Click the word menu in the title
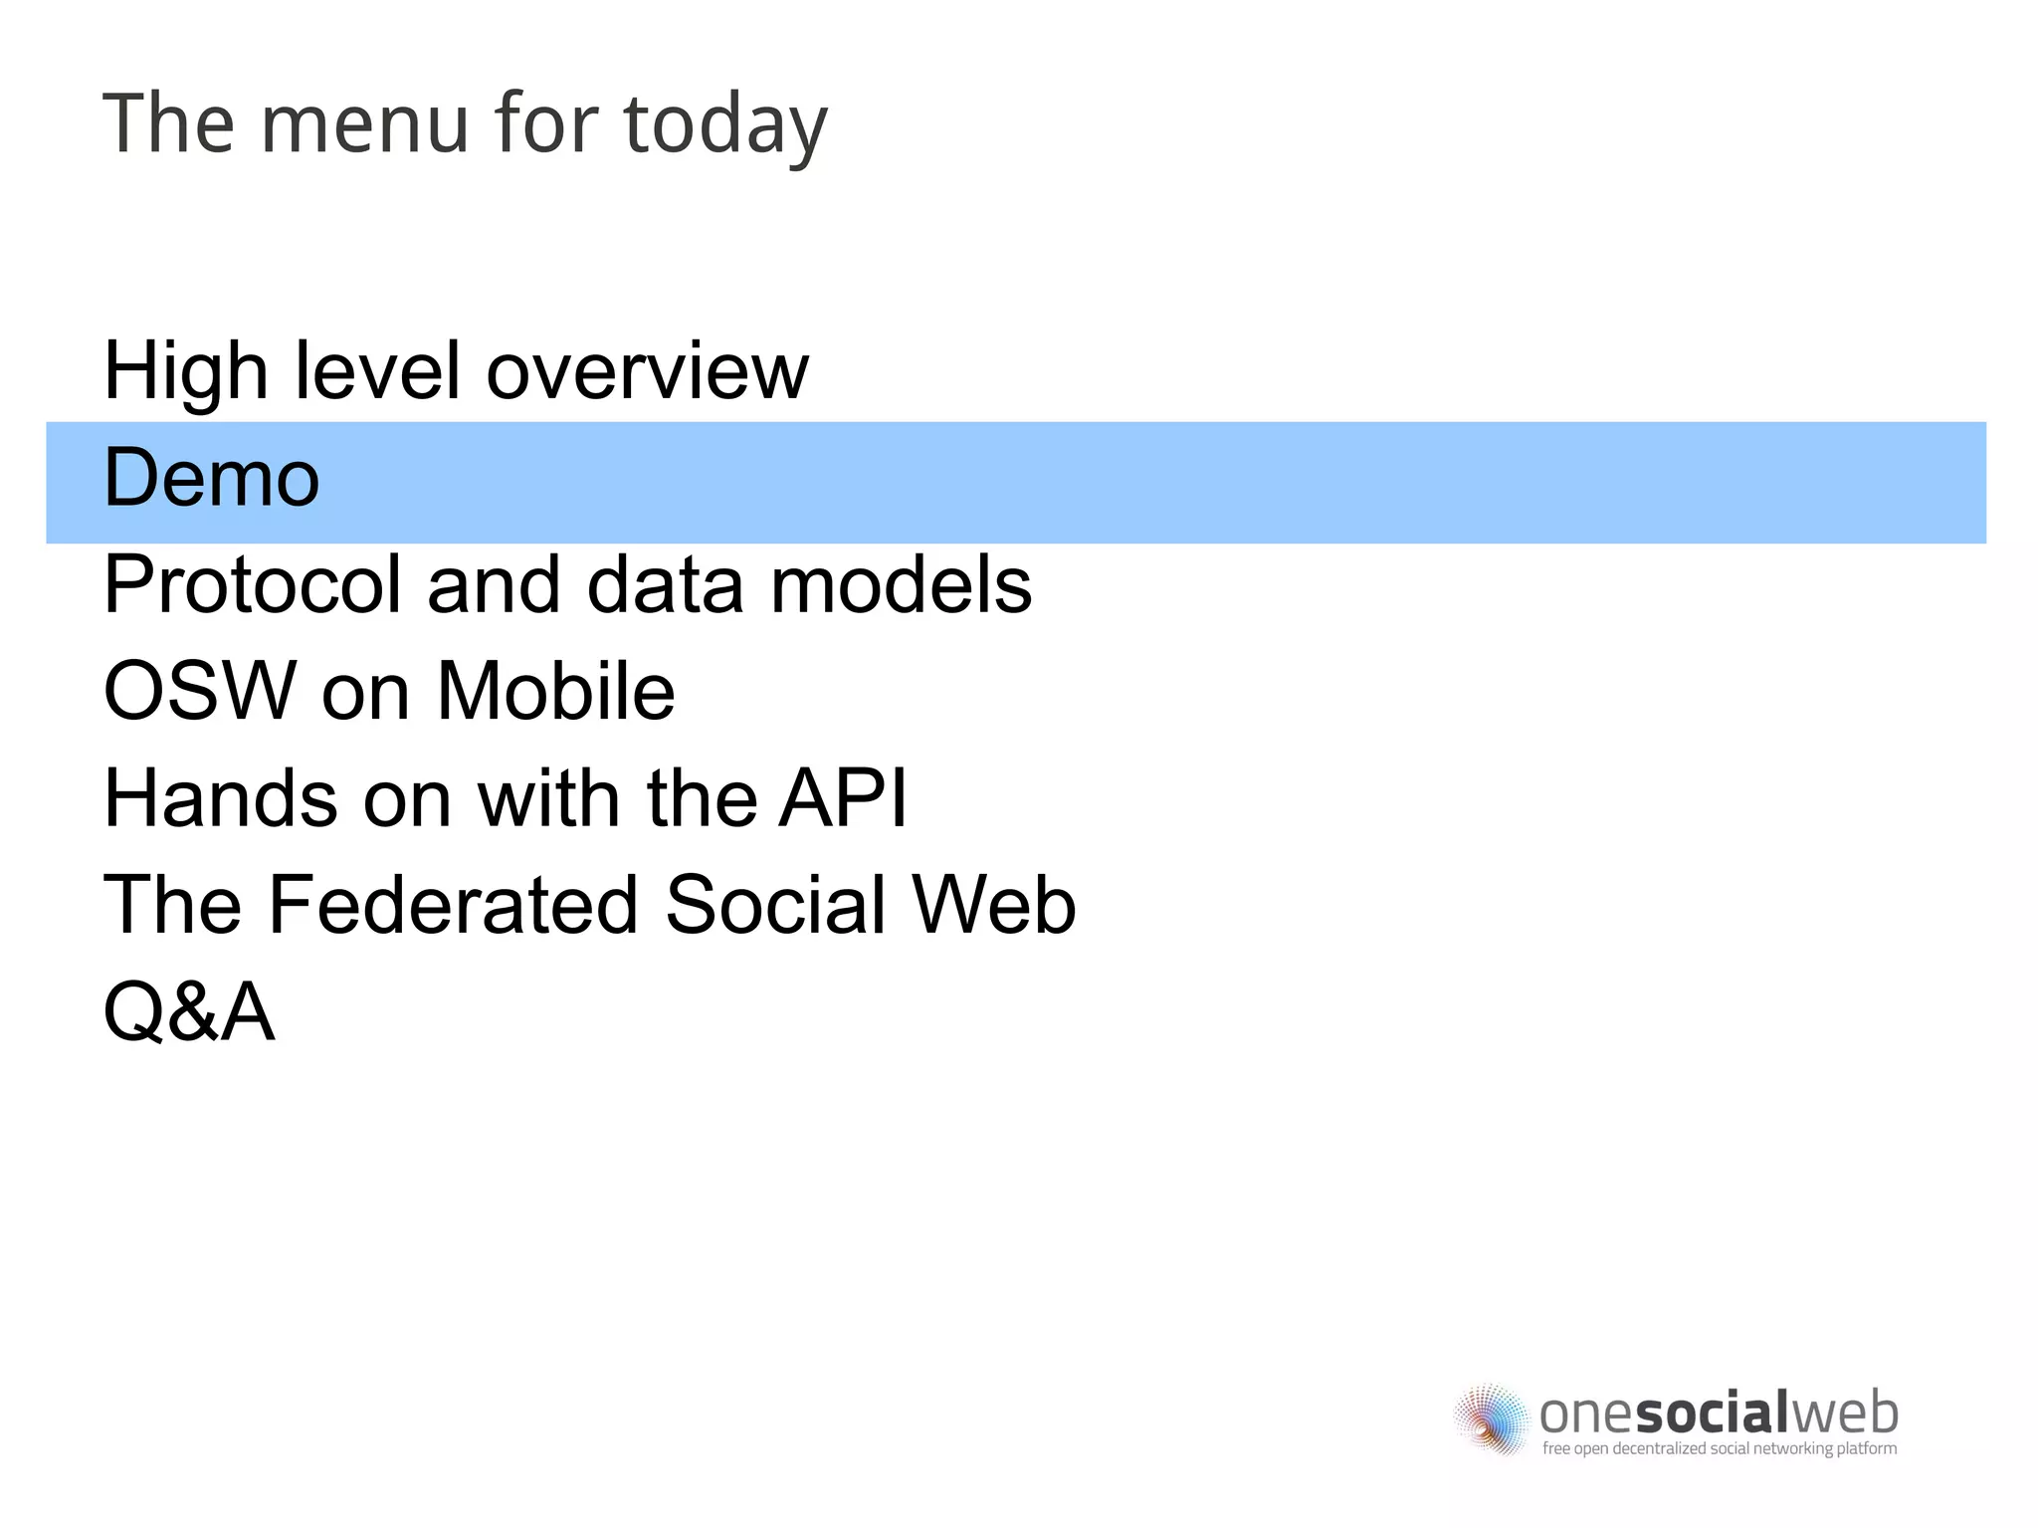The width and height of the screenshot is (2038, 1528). click(x=364, y=125)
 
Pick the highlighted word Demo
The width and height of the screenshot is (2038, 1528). click(x=212, y=479)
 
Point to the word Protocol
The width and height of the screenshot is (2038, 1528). click(x=252, y=585)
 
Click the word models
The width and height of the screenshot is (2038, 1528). click(x=902, y=585)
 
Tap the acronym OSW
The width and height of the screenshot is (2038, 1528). click(x=200, y=691)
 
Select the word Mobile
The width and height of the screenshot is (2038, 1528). click(x=556, y=691)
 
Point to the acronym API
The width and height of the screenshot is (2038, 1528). click(x=843, y=798)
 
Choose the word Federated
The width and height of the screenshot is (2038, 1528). click(x=453, y=905)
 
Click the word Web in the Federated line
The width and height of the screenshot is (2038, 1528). click(x=994, y=905)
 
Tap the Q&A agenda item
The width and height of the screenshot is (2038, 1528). click(x=189, y=1012)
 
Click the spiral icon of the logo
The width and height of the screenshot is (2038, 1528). click(x=1491, y=1419)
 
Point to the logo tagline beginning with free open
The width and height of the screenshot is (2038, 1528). click(x=1720, y=1448)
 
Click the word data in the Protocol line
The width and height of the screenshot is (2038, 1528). click(x=666, y=585)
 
